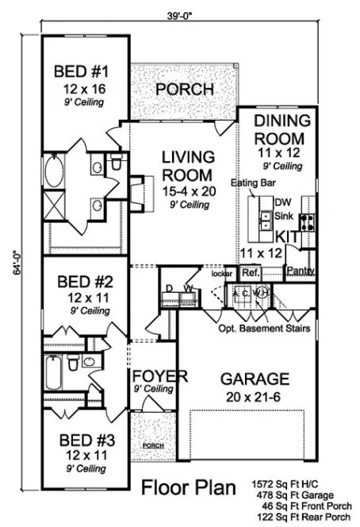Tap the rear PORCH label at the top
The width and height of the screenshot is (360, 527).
click(184, 88)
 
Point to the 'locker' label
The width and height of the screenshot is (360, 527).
click(221, 273)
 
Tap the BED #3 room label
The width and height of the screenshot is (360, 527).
click(79, 439)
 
